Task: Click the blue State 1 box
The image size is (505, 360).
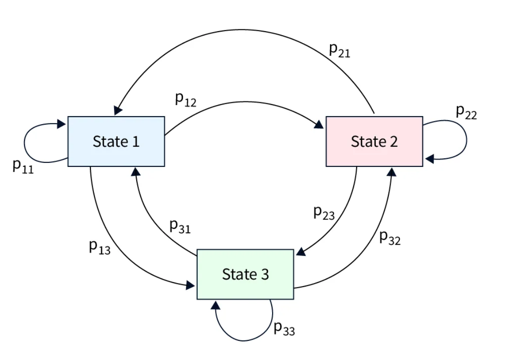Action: coord(116,142)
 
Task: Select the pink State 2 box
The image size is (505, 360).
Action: coord(374,142)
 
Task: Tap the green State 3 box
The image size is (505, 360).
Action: coord(245,274)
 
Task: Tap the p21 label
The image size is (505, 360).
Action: coord(339,50)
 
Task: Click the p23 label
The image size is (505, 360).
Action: coord(324,213)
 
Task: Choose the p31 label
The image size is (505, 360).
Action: coord(180,227)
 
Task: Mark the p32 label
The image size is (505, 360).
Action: coord(390,238)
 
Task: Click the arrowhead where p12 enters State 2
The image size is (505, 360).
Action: coord(319,126)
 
